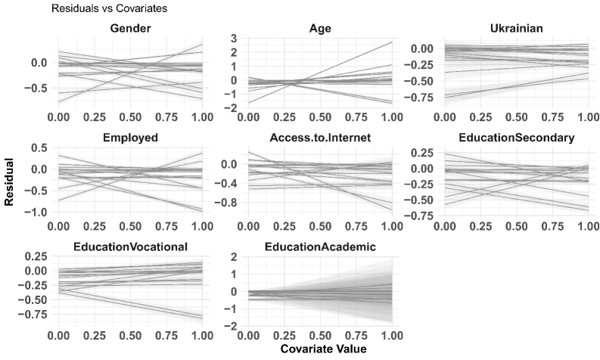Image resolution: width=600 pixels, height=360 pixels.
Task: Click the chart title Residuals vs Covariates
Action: (x=109, y=8)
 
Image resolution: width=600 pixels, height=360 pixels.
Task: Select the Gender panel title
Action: (x=130, y=28)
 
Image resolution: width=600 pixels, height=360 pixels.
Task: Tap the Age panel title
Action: (x=320, y=28)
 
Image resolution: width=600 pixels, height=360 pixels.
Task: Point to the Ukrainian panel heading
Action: (x=516, y=28)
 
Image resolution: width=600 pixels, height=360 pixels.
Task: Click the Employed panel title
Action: (x=130, y=138)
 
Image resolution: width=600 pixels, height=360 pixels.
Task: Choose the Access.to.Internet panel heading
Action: (x=320, y=138)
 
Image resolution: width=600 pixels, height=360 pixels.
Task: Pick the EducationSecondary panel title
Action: (x=516, y=138)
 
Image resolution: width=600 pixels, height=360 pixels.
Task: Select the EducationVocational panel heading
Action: (x=130, y=247)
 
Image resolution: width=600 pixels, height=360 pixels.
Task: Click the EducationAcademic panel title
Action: (x=320, y=247)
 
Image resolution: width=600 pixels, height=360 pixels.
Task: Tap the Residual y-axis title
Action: (x=9, y=182)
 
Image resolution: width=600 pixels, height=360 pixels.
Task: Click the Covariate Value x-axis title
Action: (x=323, y=349)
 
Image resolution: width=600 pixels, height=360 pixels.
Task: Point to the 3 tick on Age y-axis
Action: (x=233, y=39)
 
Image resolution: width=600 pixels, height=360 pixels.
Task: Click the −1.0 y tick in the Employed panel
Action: (x=37, y=212)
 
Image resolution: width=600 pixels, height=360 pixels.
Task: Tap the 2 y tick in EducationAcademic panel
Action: (x=233, y=257)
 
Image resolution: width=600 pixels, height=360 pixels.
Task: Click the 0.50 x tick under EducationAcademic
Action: (x=320, y=336)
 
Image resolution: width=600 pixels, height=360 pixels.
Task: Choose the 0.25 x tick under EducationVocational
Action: (x=95, y=336)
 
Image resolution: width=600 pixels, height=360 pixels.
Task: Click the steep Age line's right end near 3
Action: (x=392, y=42)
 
